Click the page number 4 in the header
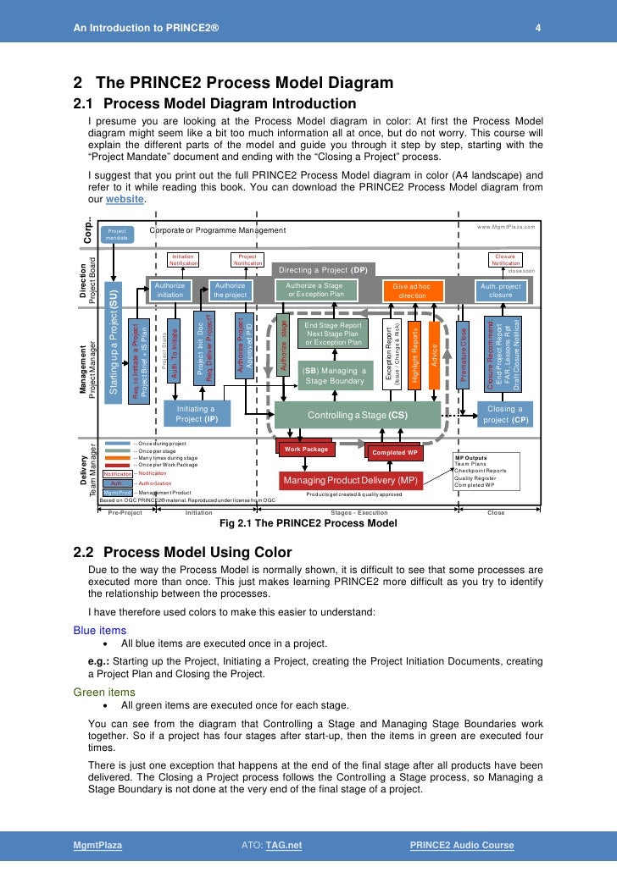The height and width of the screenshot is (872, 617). [537, 29]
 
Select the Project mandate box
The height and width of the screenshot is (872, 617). [117, 235]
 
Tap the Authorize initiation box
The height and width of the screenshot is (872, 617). [170, 290]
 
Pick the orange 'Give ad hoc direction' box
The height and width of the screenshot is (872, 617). [412, 290]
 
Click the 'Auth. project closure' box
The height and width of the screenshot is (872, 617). [501, 290]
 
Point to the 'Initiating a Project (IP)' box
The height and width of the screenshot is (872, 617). [196, 413]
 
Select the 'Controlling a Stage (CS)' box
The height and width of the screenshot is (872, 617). [358, 416]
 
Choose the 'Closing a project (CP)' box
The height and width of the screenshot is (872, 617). [507, 413]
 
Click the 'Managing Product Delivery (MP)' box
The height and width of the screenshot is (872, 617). [349, 480]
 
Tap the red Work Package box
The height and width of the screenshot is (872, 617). [306, 449]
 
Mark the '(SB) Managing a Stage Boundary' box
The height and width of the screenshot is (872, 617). [333, 376]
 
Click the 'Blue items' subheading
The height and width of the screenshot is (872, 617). [100, 630]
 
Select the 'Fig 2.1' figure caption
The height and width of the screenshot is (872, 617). [308, 523]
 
